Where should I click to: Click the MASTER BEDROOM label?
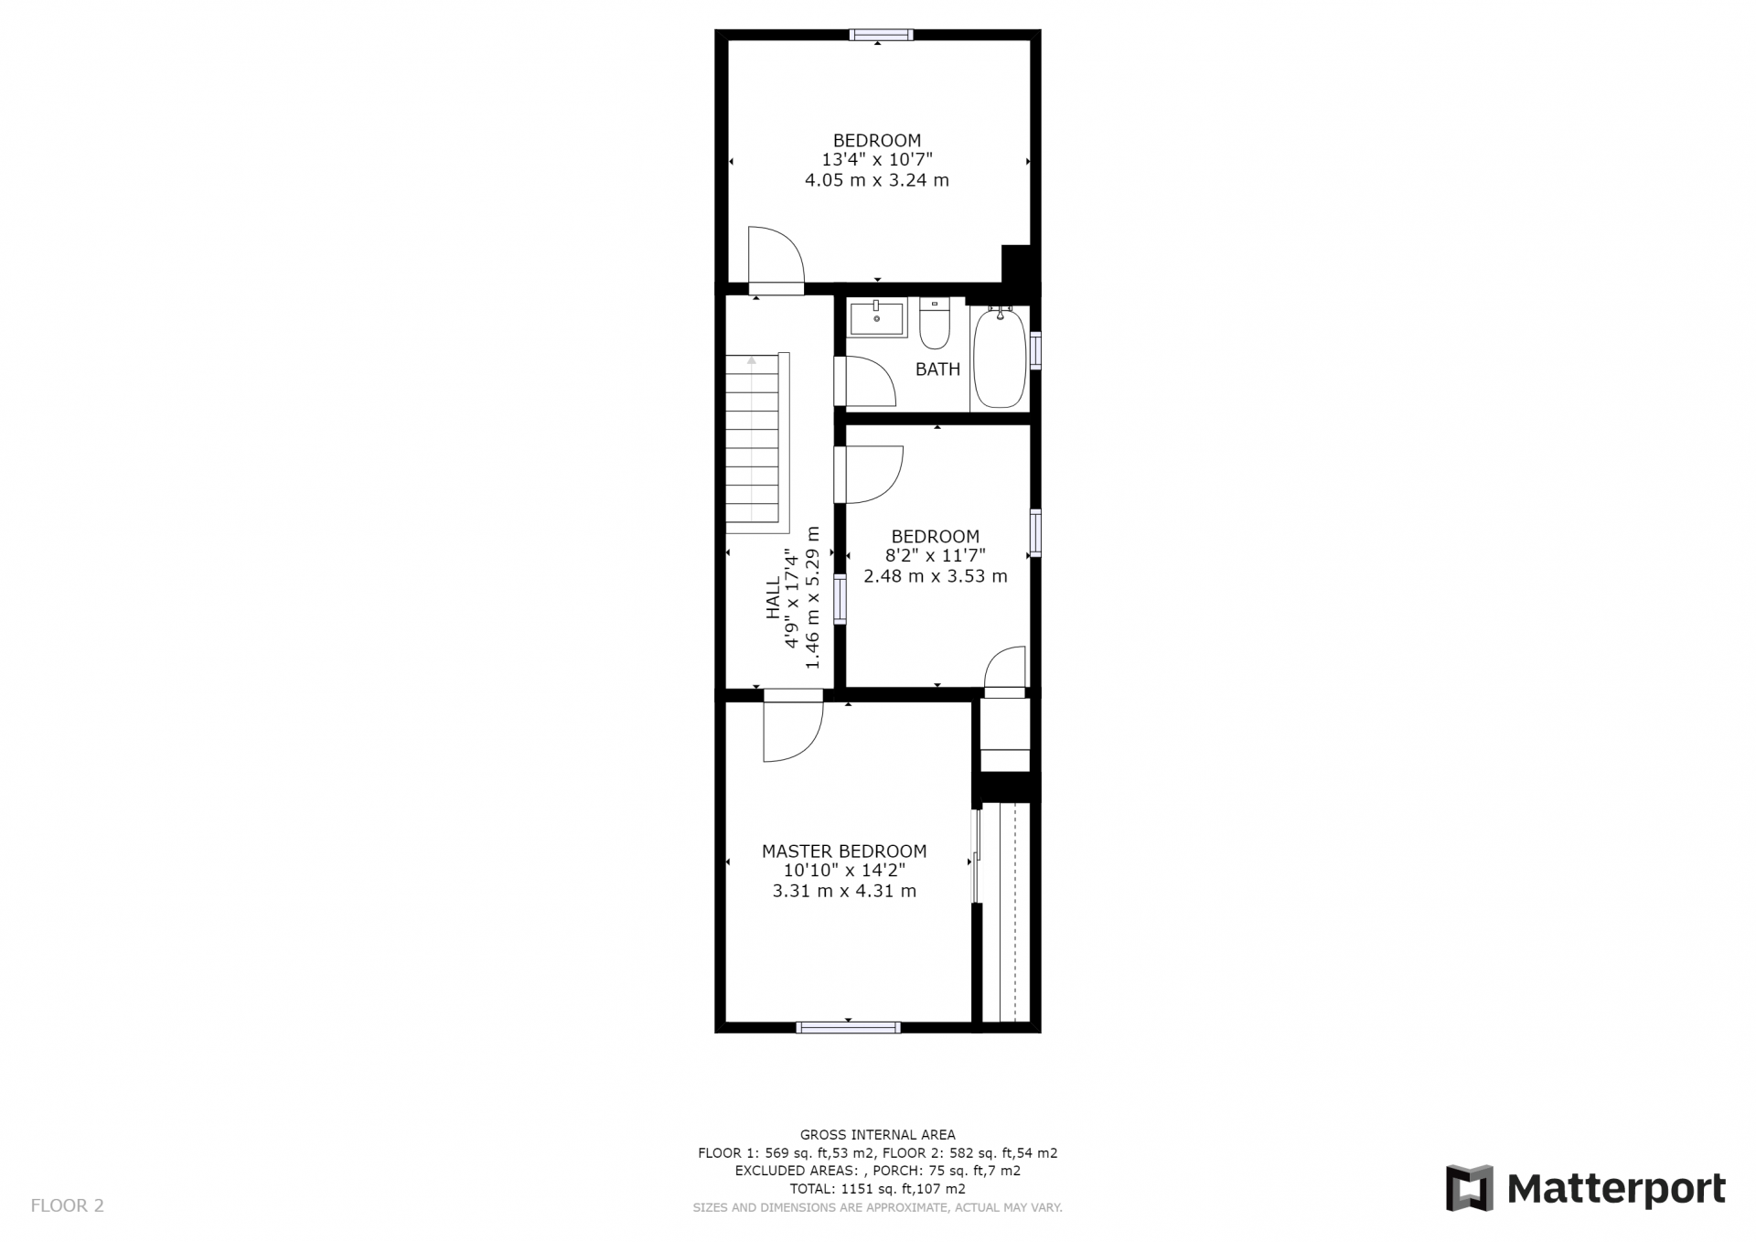844,851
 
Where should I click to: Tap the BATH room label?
937,369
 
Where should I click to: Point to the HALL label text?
774,597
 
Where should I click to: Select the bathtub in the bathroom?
999,358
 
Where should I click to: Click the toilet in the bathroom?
935,324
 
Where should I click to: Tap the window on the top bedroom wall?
881,36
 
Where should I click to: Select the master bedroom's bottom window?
849,1027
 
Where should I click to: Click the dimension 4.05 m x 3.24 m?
877,180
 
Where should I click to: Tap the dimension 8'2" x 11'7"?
935,556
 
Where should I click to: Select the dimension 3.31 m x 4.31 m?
844,892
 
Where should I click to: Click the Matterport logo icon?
1469,1188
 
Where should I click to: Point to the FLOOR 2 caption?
68,1205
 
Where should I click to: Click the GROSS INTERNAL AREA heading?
878,1135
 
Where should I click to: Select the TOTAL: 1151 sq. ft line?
878,1189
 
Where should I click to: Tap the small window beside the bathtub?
1035,350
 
